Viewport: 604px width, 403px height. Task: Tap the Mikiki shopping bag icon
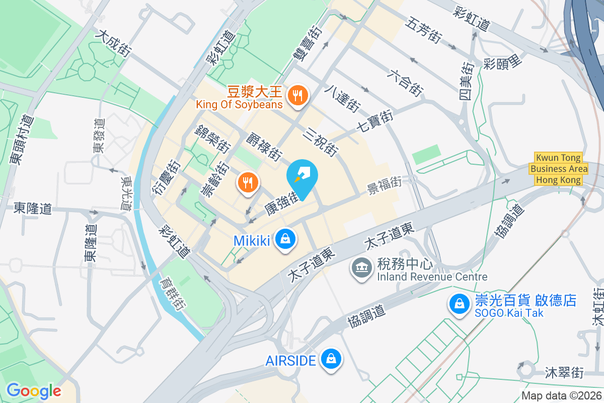click(285, 239)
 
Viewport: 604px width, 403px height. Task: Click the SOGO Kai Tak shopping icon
click(459, 304)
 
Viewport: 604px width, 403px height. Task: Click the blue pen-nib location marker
click(303, 176)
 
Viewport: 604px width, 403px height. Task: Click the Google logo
click(34, 390)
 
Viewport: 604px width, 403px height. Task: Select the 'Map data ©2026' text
click(561, 395)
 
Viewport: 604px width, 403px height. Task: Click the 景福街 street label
click(384, 182)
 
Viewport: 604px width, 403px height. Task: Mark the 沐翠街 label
click(564, 373)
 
